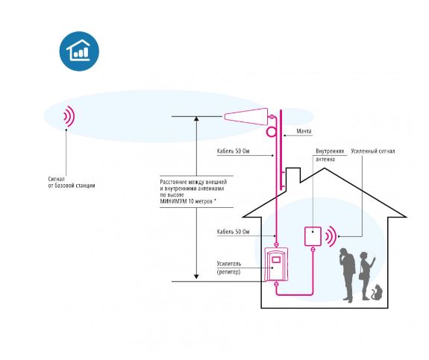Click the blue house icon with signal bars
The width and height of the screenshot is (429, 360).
(x=79, y=51)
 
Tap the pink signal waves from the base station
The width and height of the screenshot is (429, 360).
(x=69, y=116)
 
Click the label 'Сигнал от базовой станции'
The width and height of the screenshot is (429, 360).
(x=72, y=183)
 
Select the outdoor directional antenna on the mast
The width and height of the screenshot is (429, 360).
(x=246, y=117)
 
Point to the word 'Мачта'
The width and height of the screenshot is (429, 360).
(x=304, y=131)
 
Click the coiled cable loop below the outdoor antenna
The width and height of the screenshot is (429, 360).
(x=272, y=132)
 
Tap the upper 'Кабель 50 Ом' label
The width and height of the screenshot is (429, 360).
(x=233, y=151)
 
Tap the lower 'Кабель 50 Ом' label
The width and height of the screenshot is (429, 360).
(x=233, y=232)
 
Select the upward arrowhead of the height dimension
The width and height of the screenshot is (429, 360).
(x=196, y=119)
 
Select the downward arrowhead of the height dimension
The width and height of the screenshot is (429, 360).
(x=196, y=277)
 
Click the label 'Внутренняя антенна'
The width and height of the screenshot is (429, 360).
(x=330, y=155)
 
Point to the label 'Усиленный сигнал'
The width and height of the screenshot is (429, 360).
(x=372, y=151)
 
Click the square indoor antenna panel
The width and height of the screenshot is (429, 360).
(x=313, y=236)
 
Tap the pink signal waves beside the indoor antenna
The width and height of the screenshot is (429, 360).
(x=331, y=236)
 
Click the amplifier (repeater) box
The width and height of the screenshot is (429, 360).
(x=276, y=265)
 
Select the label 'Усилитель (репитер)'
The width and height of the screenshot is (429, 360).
(x=229, y=268)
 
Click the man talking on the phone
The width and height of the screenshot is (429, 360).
(x=347, y=275)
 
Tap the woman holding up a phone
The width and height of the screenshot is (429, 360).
(x=366, y=276)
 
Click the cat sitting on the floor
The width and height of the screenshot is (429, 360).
(x=377, y=292)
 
